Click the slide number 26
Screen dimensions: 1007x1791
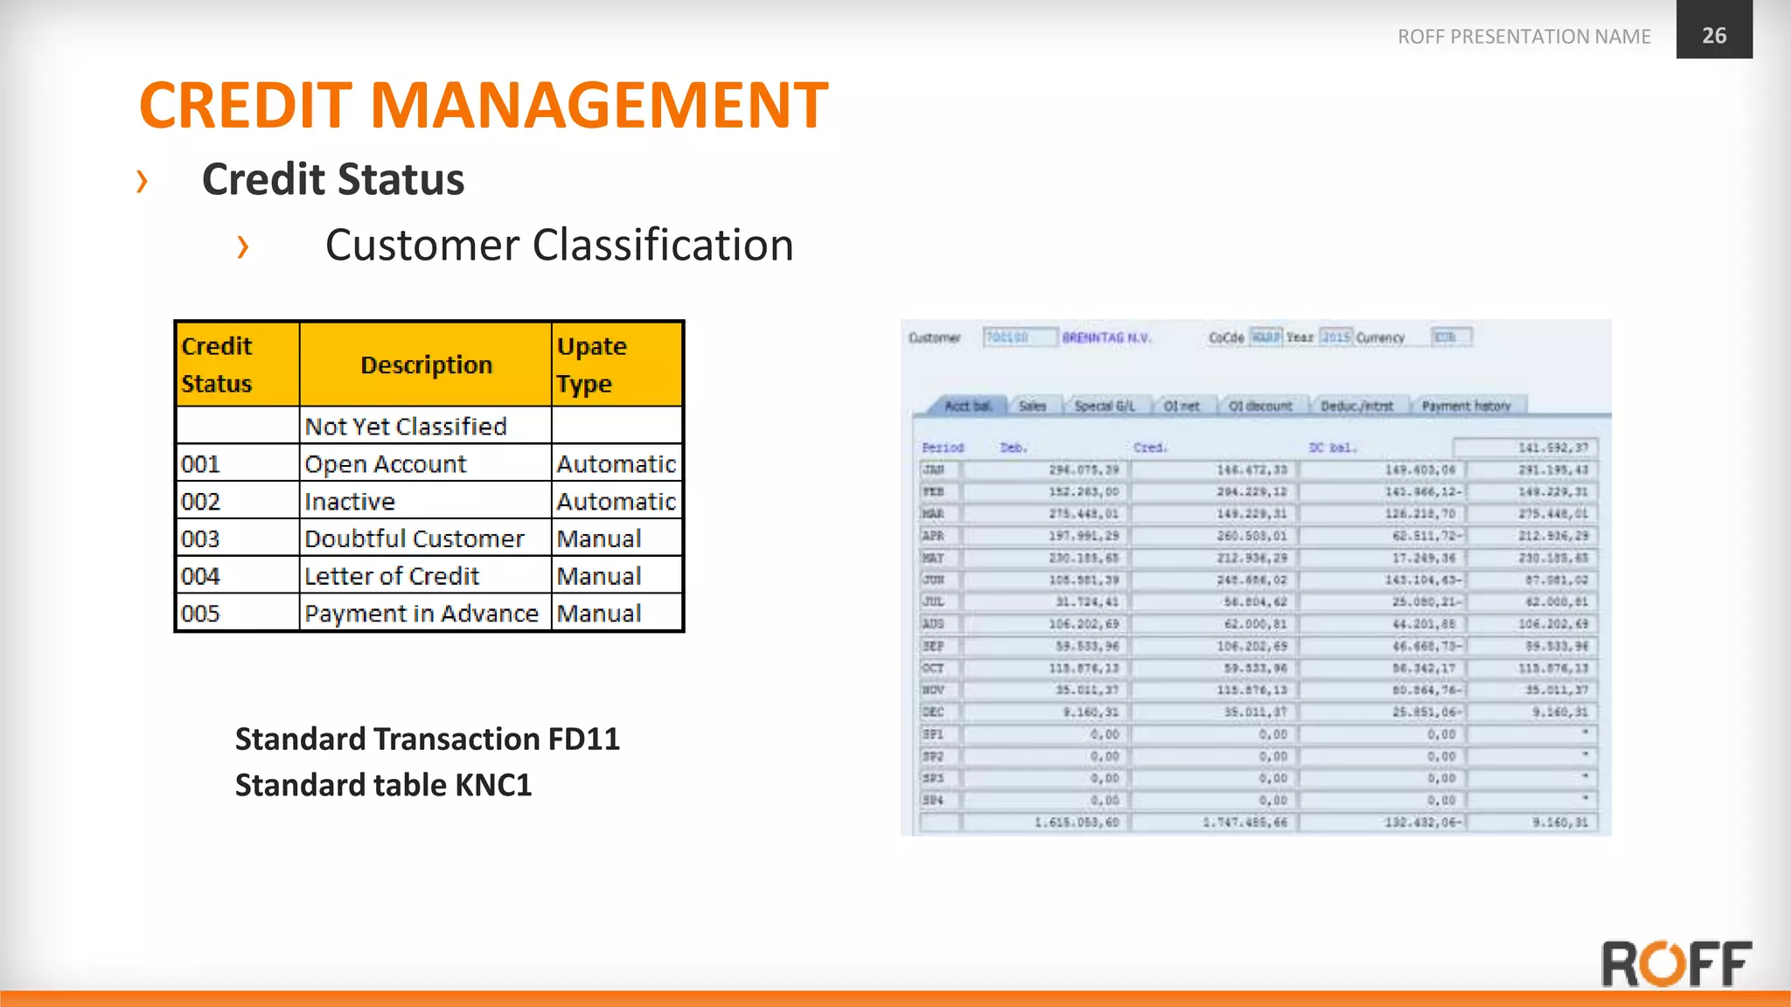(1713, 35)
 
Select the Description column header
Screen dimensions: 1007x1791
(426, 365)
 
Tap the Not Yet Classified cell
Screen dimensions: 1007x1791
(406, 427)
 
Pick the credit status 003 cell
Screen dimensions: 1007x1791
(201, 539)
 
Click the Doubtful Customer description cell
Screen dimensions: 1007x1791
(415, 539)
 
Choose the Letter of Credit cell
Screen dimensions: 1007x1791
(392, 577)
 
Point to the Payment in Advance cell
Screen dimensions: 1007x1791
(421, 615)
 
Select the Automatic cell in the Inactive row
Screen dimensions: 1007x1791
(616, 502)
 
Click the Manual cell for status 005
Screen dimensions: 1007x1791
(599, 615)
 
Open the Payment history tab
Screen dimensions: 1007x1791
(1466, 406)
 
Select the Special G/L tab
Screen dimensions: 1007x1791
(1104, 406)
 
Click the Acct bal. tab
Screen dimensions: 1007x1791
(967, 406)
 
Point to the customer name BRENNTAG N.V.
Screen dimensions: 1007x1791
(1106, 337)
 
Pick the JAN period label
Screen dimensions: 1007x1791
(933, 469)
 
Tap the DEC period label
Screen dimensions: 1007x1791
(933, 712)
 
